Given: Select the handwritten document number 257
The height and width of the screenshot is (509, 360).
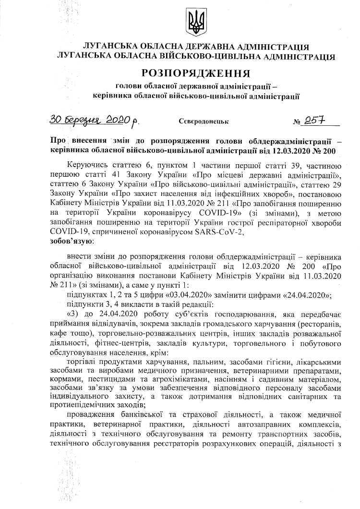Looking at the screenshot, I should pyautogui.click(x=317, y=120).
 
